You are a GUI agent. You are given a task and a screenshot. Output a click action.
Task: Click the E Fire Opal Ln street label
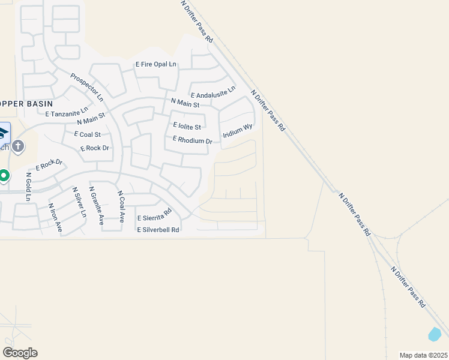(156, 64)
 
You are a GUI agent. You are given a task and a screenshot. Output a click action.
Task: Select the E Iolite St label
(187, 127)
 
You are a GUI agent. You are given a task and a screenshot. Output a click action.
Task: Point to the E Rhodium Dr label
(193, 140)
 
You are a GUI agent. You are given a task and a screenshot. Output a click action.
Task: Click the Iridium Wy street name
(238, 131)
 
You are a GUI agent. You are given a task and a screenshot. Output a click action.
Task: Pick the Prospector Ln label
(87, 87)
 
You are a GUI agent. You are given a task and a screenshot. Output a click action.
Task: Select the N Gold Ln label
(28, 187)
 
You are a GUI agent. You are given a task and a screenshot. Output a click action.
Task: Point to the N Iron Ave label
(55, 218)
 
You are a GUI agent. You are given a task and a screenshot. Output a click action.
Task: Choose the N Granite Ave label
(97, 205)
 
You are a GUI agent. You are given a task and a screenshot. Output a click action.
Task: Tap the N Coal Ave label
(121, 207)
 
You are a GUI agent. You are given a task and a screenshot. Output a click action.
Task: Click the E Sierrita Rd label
(154, 215)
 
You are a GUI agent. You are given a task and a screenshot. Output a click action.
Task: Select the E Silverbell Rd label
(158, 230)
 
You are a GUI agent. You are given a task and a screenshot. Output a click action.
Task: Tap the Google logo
(20, 352)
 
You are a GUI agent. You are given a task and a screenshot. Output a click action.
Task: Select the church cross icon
(18, 146)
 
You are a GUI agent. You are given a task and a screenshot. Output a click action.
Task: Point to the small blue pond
(435, 333)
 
